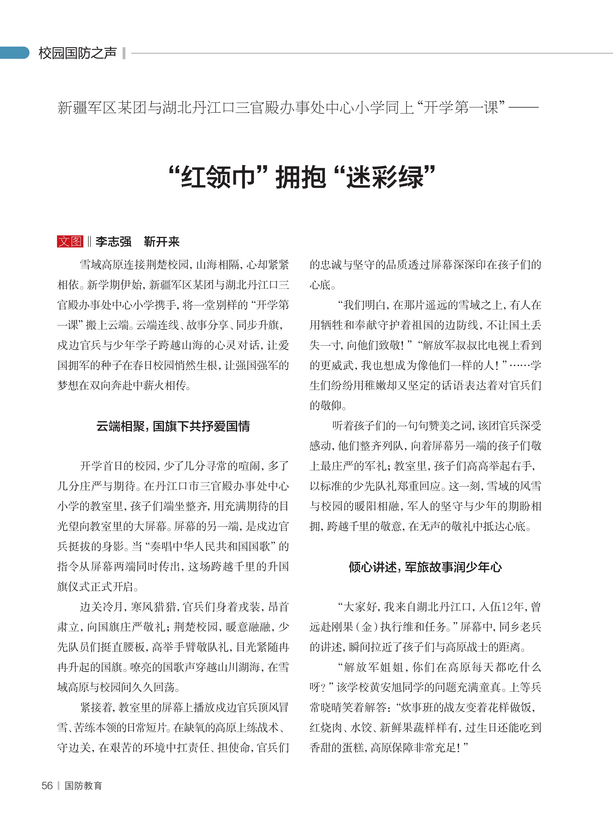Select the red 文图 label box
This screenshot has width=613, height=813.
pos(70,241)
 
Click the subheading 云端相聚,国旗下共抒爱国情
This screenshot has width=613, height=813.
pos(173,426)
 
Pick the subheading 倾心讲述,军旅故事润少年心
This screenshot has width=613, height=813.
pos(425,567)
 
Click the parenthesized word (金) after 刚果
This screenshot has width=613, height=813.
pos(367,627)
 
